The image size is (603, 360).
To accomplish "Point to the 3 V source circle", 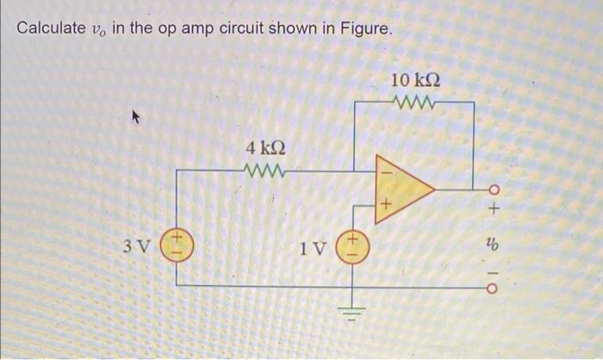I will tap(178, 247).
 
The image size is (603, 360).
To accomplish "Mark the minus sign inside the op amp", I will tap(385, 170).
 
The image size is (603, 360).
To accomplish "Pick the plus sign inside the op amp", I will tap(385, 205).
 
